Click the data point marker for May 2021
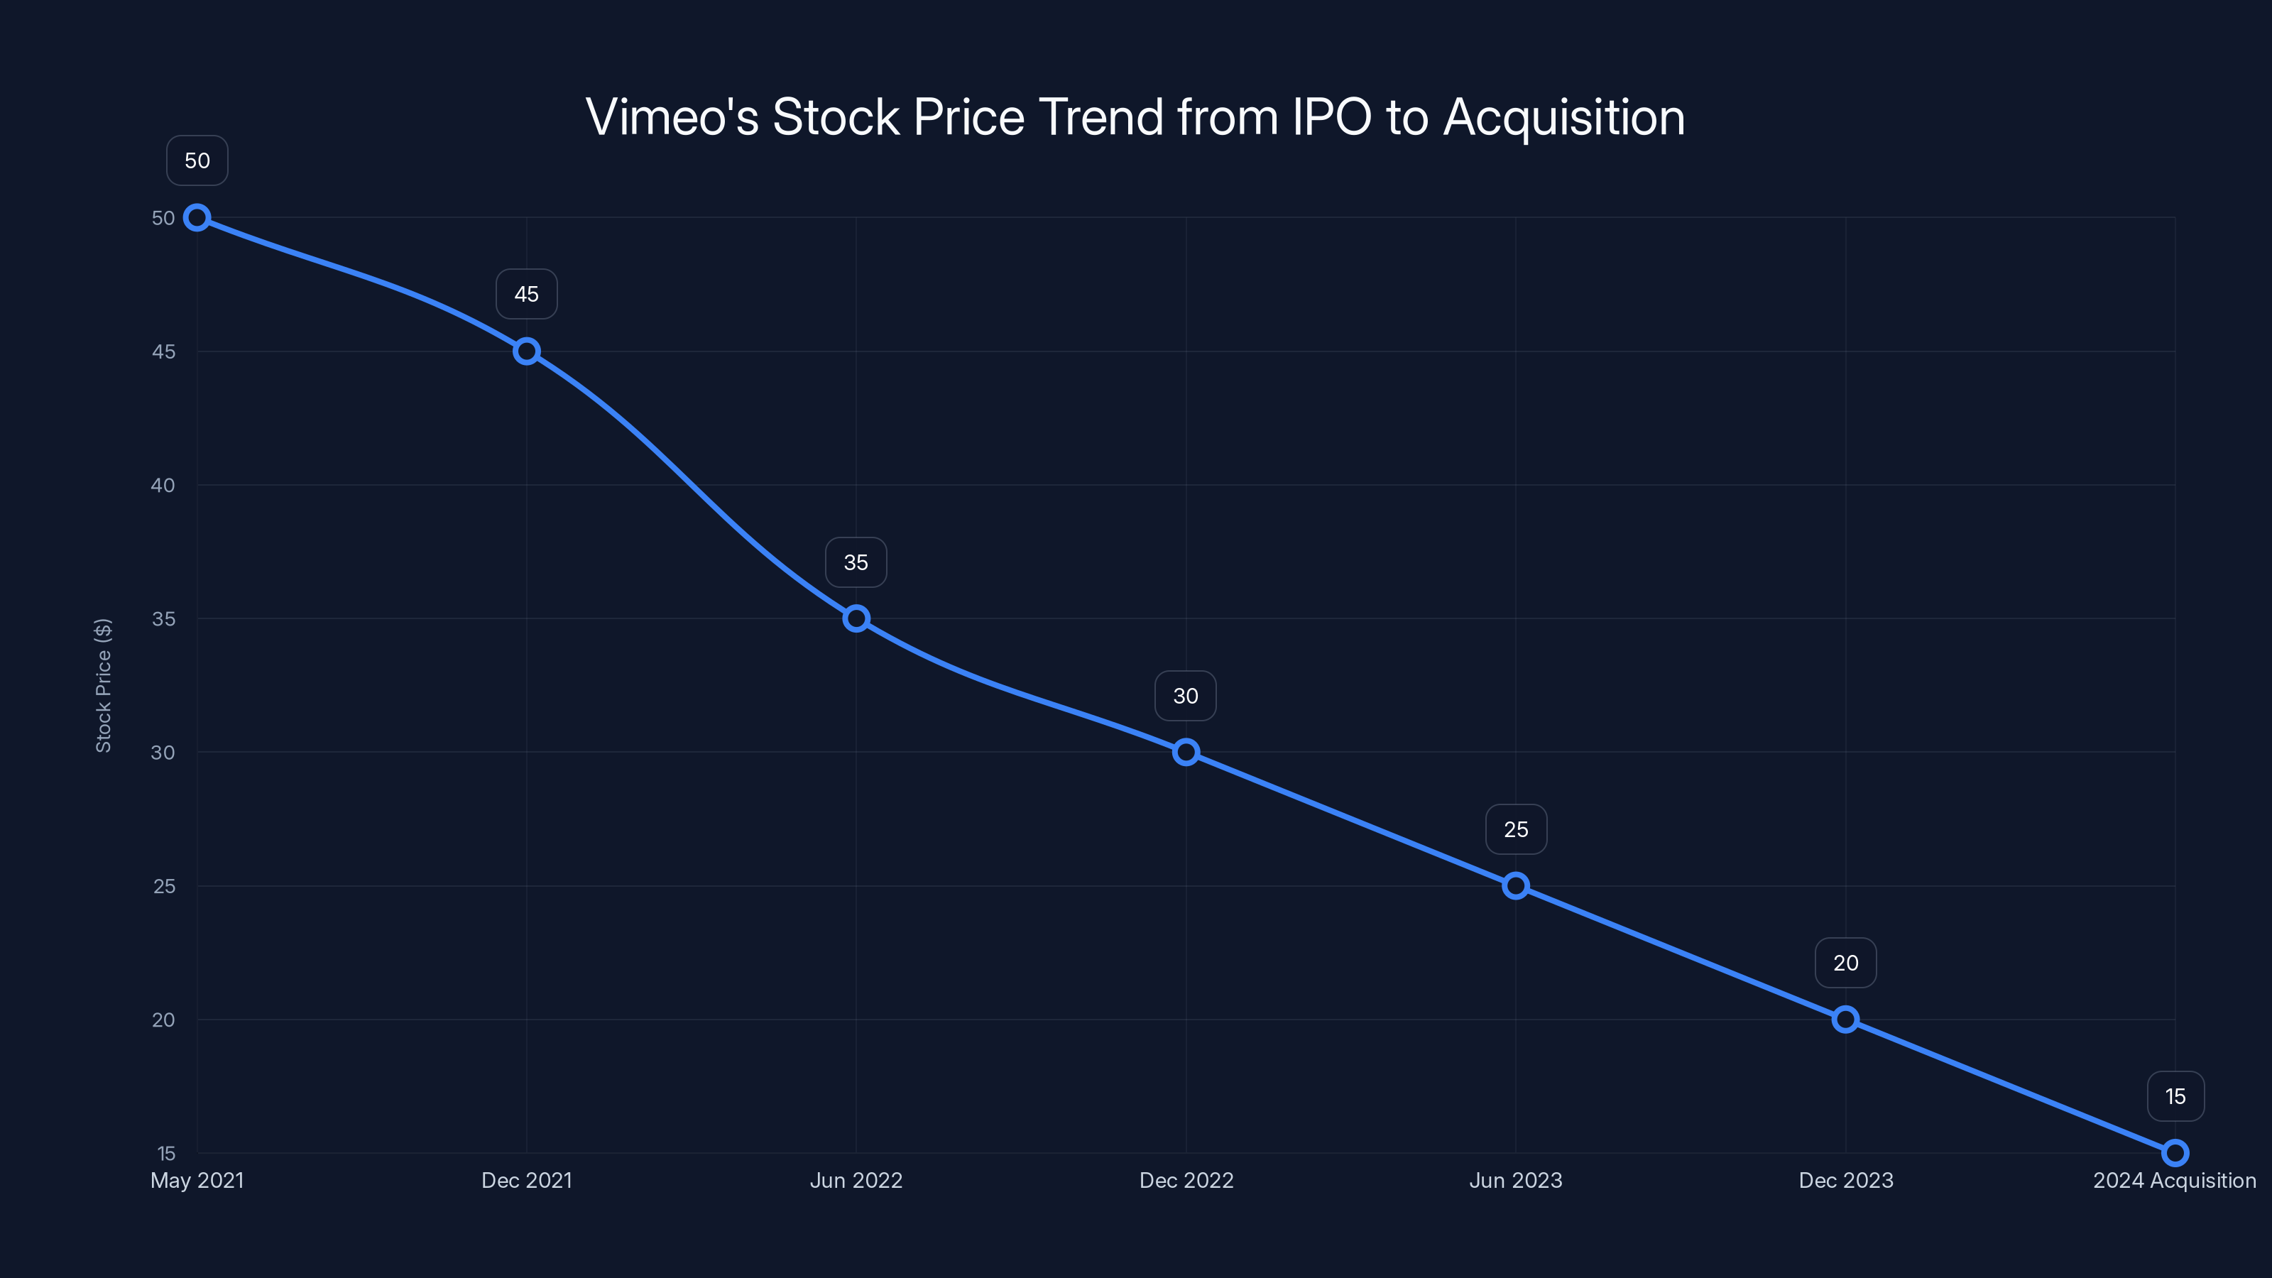point(197,218)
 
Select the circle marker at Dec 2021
point(527,351)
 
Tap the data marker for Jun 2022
point(856,618)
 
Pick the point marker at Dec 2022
point(1186,753)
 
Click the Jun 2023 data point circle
point(1515,885)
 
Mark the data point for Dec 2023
point(1845,1020)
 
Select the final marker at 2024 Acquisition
point(2175,1153)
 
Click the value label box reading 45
point(527,294)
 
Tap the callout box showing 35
point(856,562)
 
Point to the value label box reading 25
point(1515,829)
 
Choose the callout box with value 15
point(2175,1096)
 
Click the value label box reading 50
point(197,160)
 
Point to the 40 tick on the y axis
point(163,485)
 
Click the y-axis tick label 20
point(163,1020)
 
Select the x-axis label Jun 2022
point(856,1180)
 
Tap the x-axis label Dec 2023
point(1845,1180)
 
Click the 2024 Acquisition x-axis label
point(2174,1180)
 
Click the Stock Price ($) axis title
point(103,685)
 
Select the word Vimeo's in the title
point(672,117)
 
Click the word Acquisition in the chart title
point(1563,117)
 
